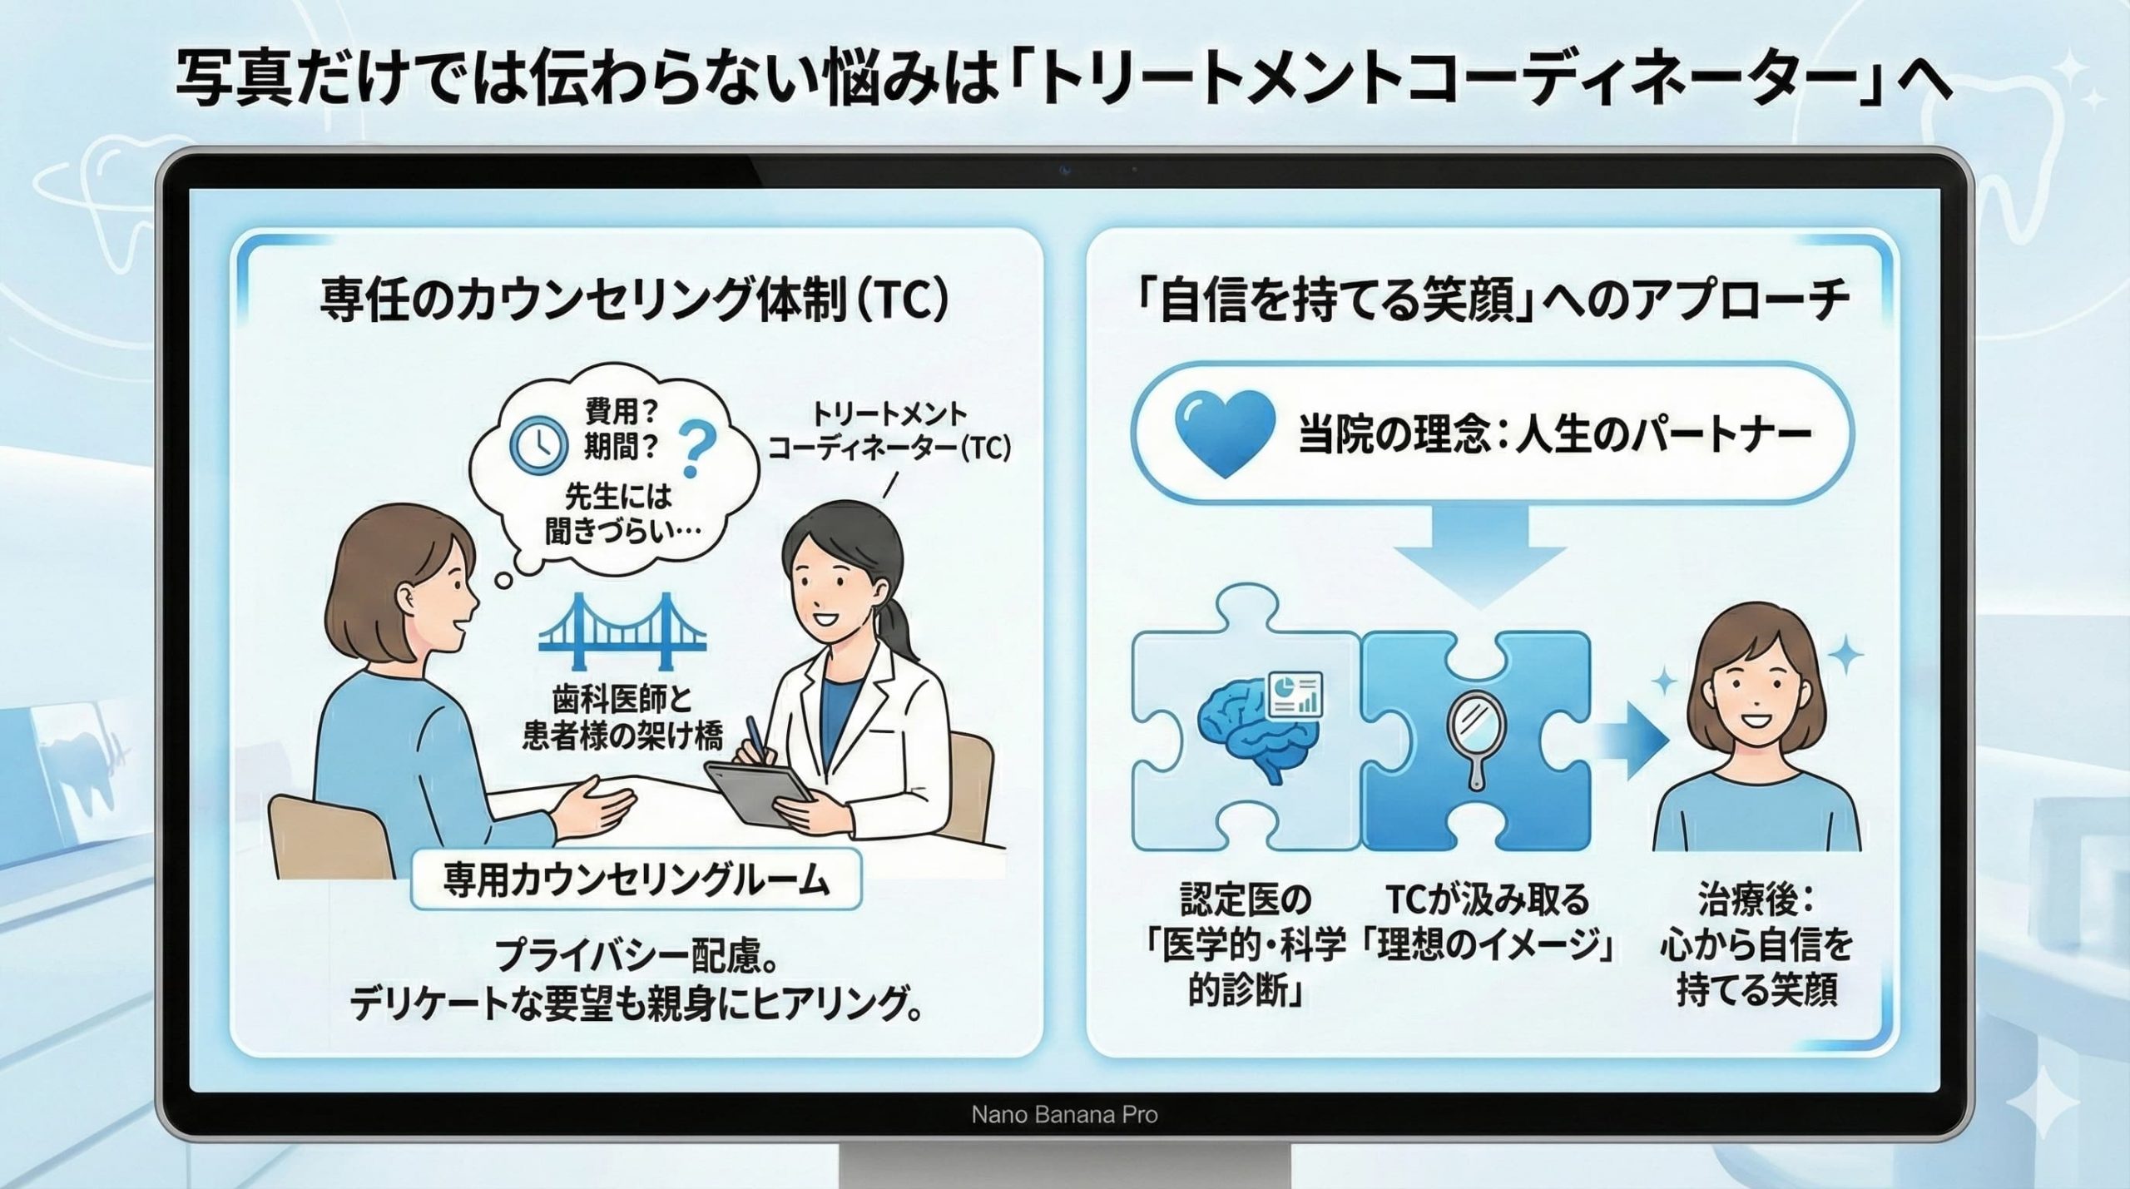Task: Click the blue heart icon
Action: (x=1225, y=433)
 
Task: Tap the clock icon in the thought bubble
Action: (x=537, y=445)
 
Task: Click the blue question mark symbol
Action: (x=697, y=450)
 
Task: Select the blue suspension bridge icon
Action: (x=623, y=632)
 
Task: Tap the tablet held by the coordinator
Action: (x=759, y=790)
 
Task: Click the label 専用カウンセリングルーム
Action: (x=637, y=879)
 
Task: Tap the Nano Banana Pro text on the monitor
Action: (x=1064, y=1114)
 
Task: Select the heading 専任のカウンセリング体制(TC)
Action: (x=634, y=301)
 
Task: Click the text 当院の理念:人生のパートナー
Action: (x=1555, y=435)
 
